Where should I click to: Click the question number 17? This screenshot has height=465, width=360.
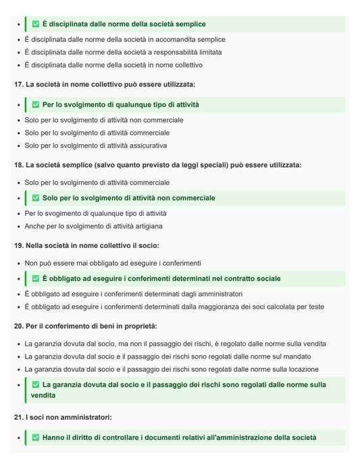pyautogui.click(x=18, y=85)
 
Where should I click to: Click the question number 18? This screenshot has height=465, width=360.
pyautogui.click(x=18, y=165)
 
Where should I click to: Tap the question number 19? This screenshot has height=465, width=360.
pyautogui.click(x=18, y=246)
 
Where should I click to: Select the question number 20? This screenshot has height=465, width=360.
pyautogui.click(x=18, y=326)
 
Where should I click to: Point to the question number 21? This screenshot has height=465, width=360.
pyautogui.click(x=18, y=418)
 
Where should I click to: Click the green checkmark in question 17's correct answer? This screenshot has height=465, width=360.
pyautogui.click(x=36, y=105)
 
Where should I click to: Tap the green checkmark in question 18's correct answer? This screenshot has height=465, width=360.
pyautogui.click(x=36, y=198)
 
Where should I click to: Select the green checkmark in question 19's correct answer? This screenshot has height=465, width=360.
pyautogui.click(x=36, y=278)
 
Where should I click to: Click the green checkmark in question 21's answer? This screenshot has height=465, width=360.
pyautogui.click(x=36, y=438)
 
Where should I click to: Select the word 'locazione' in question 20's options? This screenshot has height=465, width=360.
pyautogui.click(x=300, y=369)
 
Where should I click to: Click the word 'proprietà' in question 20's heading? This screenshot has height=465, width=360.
pyautogui.click(x=140, y=326)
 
